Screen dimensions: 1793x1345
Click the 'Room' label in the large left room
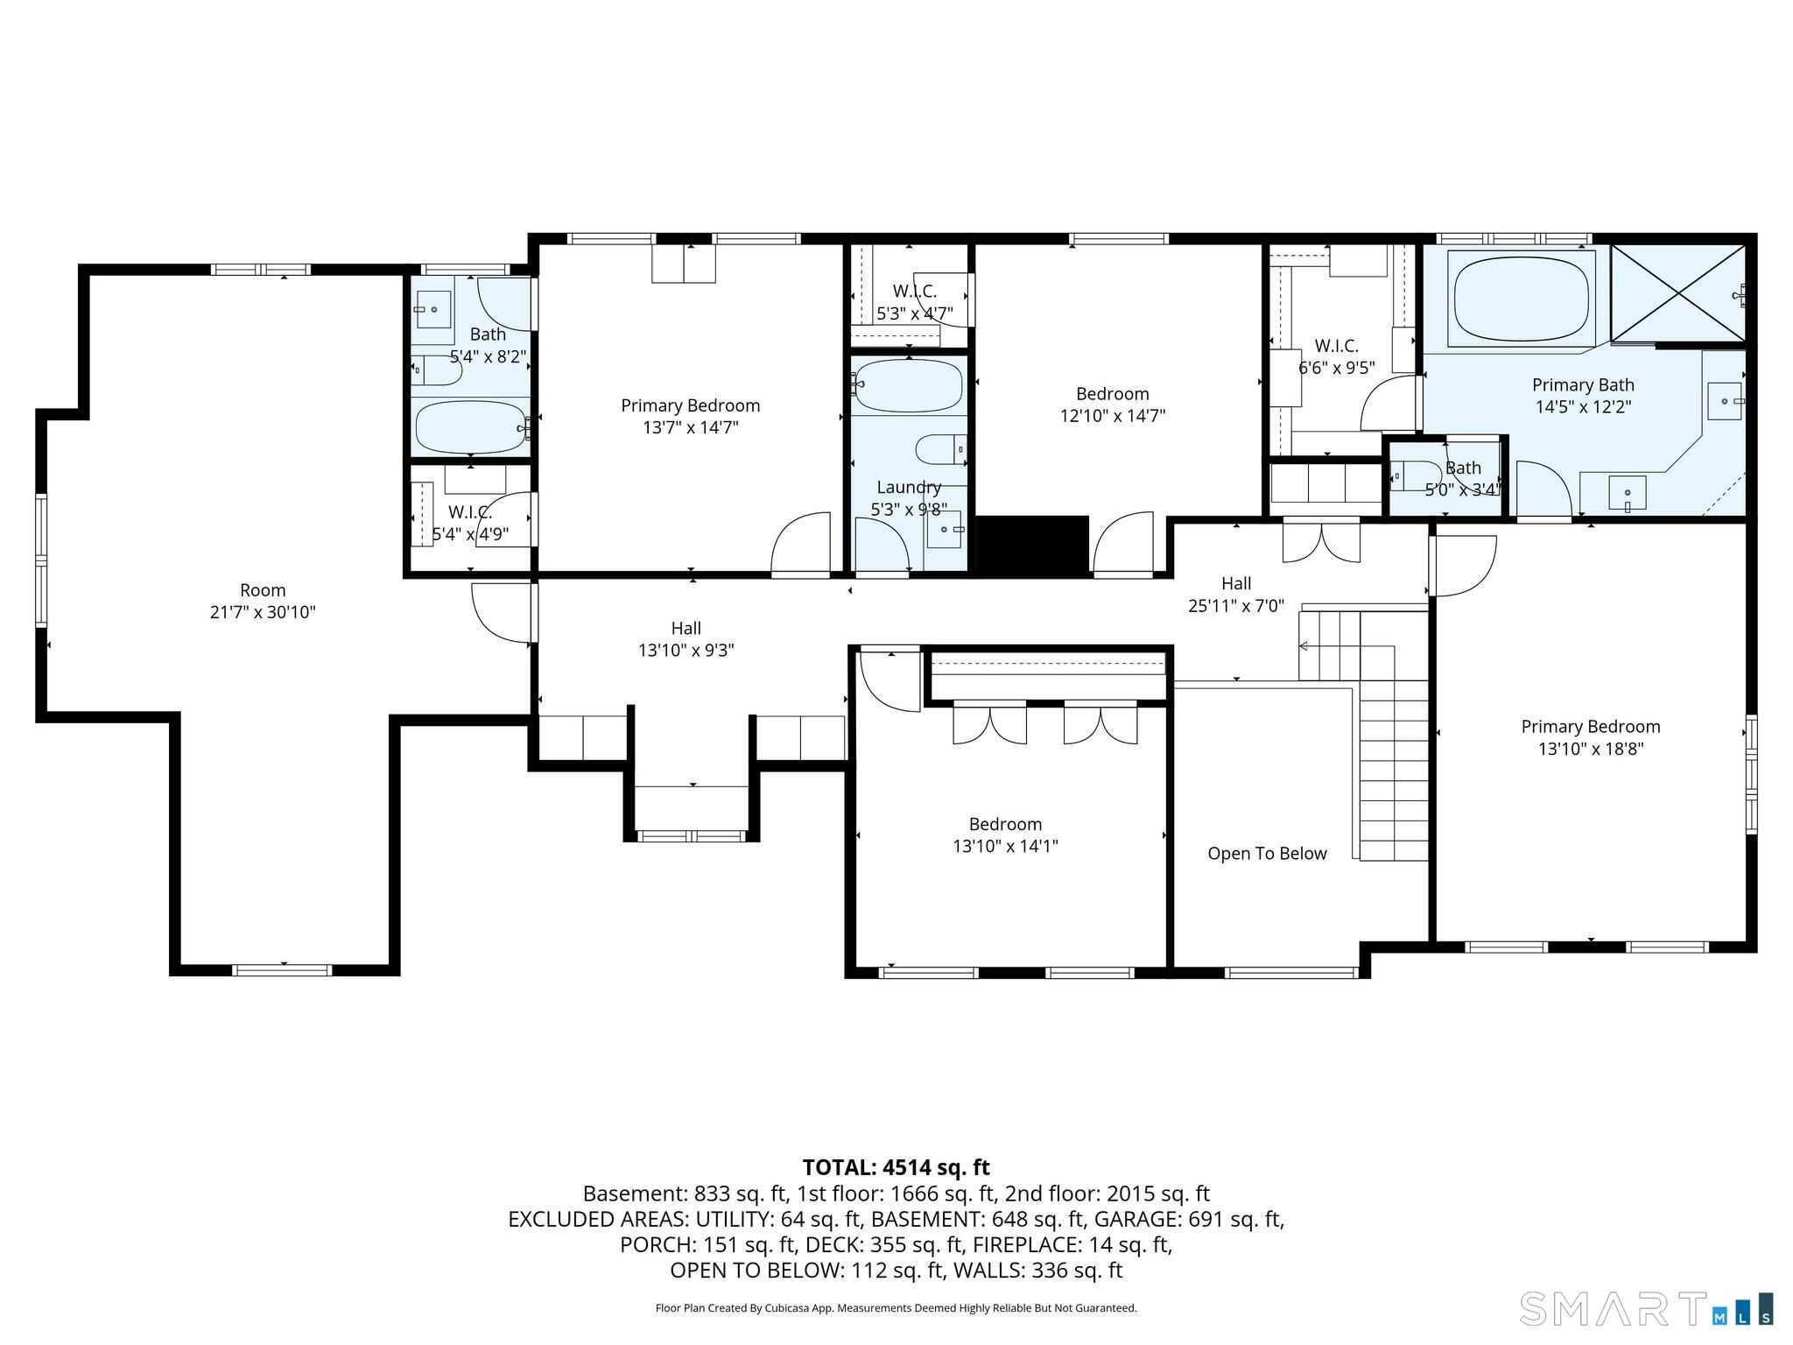(x=263, y=590)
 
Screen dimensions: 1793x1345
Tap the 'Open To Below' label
(x=1267, y=854)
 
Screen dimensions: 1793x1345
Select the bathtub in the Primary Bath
(x=1522, y=297)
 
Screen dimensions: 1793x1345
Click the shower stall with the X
(x=1678, y=292)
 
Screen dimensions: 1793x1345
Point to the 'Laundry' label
(x=909, y=488)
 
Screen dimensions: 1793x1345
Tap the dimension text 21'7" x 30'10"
(x=263, y=613)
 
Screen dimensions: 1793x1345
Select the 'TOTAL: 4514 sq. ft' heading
(x=896, y=1167)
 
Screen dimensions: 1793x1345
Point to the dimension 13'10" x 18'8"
(x=1591, y=750)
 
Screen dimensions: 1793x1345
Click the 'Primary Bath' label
(x=1583, y=385)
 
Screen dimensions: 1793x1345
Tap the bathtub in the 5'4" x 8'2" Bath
(x=471, y=426)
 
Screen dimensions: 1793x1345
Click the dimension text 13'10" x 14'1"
(x=1005, y=847)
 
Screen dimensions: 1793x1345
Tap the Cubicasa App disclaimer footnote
(x=896, y=1308)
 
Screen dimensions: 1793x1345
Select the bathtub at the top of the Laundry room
(x=908, y=385)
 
